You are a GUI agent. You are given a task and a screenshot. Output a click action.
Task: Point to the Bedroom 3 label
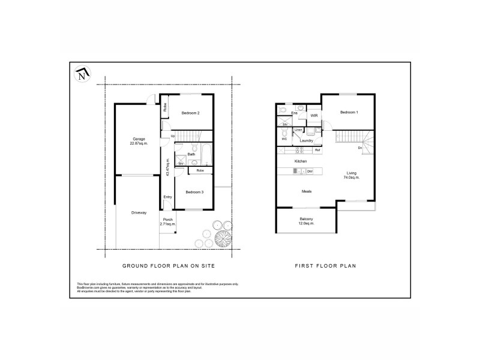[194, 192]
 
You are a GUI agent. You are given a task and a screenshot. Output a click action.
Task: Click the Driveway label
[139, 213]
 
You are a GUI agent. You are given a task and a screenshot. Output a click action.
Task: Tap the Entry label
[167, 197]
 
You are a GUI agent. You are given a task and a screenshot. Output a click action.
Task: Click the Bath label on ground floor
[191, 154]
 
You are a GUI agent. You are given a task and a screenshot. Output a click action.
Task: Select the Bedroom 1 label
[349, 113]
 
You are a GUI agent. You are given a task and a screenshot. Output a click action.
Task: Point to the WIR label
[314, 115]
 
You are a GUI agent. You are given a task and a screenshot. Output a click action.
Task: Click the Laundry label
[307, 141]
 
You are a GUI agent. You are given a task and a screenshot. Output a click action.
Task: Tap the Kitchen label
[301, 162]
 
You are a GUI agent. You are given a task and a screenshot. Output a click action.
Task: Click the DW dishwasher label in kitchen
[310, 172]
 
